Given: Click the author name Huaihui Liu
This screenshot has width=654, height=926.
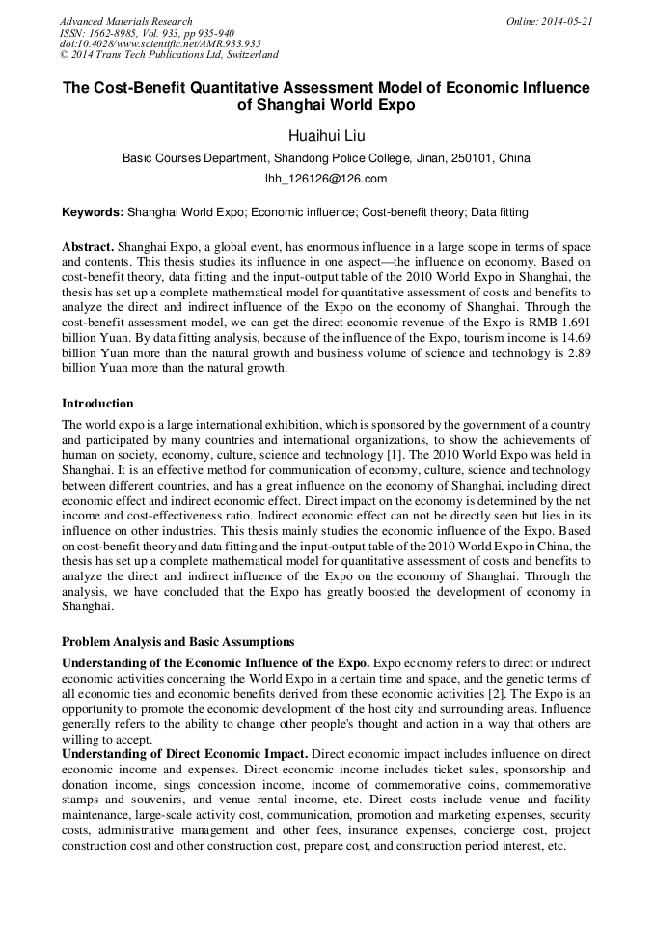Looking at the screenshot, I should point(326,135).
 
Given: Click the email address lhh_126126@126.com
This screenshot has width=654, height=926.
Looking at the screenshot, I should point(326,179).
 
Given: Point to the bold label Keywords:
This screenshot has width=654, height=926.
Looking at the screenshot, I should point(93,211).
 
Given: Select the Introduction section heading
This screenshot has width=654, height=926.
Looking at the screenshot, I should point(97,403).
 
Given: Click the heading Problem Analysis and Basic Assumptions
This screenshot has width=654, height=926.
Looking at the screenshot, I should point(177,641).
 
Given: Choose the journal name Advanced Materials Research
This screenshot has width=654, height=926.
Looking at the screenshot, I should point(125,21).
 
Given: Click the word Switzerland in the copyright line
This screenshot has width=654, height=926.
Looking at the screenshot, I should point(243,55).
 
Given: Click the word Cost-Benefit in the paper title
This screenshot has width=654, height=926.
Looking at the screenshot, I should point(142,88).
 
